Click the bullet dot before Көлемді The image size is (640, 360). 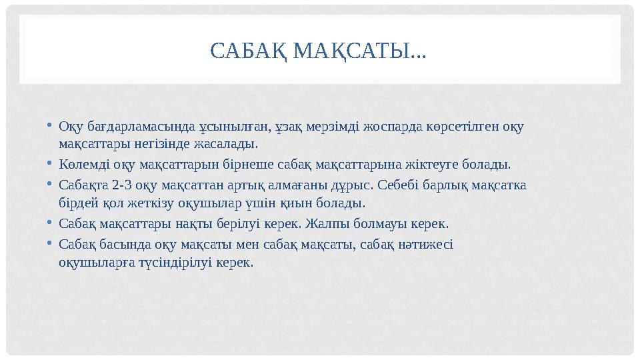pos(51,163)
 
